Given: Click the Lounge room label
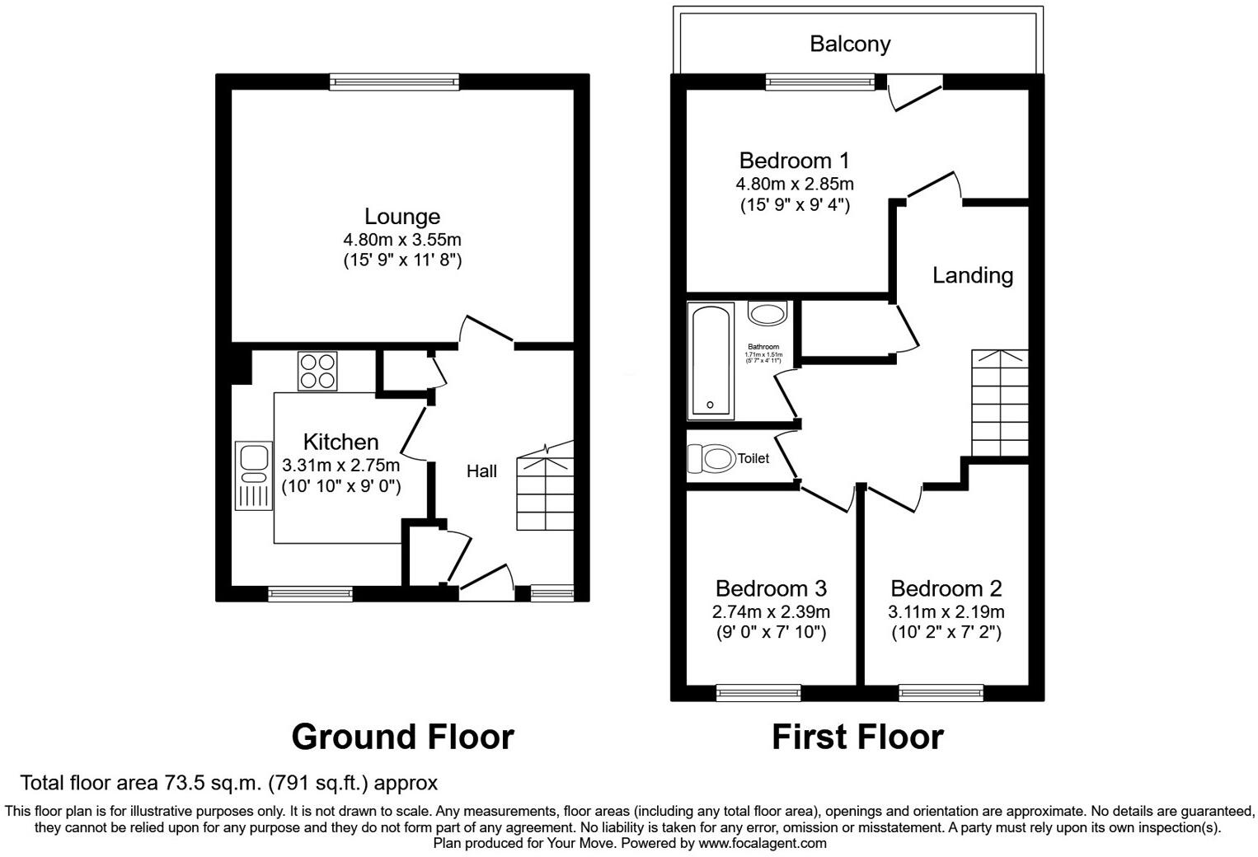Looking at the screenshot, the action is (x=402, y=217).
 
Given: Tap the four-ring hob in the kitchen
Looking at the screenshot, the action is (x=318, y=371).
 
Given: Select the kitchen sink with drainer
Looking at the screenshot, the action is (x=253, y=475).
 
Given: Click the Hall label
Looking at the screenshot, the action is (x=481, y=471).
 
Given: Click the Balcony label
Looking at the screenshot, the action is (x=850, y=44).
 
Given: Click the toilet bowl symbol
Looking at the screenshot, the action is (x=711, y=458).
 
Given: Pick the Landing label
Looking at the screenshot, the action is (x=973, y=275).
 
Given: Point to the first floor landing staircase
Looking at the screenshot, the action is (x=1000, y=403).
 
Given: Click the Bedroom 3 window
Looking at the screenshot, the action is (x=758, y=692).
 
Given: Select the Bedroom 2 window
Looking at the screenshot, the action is (x=941, y=692).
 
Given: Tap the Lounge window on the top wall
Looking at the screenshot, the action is (x=394, y=81).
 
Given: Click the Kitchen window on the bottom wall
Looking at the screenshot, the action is (x=310, y=593).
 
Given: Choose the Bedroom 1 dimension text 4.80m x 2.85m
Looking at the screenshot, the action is (x=795, y=184).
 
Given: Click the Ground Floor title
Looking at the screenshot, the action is (x=402, y=737).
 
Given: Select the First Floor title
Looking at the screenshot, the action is (x=857, y=737).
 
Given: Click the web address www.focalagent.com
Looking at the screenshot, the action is (x=763, y=843).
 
